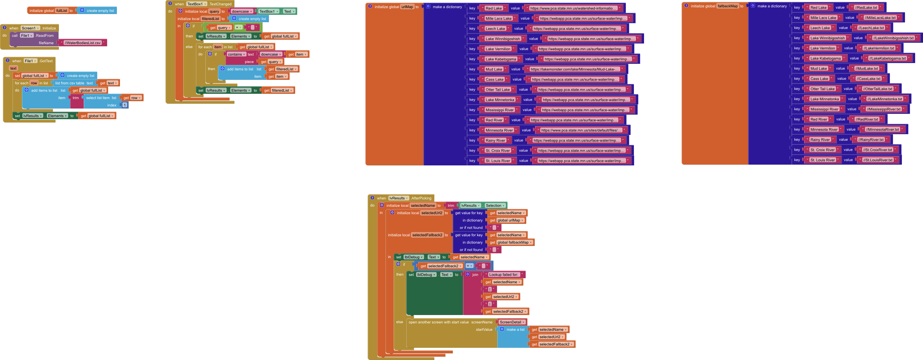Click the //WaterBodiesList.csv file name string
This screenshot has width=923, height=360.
click(82, 43)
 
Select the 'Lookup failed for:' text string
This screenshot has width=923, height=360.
click(504, 275)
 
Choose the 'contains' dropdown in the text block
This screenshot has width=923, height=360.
click(236, 54)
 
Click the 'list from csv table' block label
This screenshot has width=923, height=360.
click(70, 83)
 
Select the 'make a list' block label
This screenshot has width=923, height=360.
click(515, 330)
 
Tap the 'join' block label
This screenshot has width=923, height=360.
click(475, 275)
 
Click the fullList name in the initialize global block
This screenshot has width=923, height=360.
click(62, 11)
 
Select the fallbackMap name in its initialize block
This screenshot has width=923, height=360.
click(728, 6)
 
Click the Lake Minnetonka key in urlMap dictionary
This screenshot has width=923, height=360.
click(500, 100)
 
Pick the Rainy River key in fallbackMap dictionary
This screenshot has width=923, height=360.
click(820, 140)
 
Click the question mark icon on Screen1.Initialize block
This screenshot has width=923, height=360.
click(4, 28)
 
